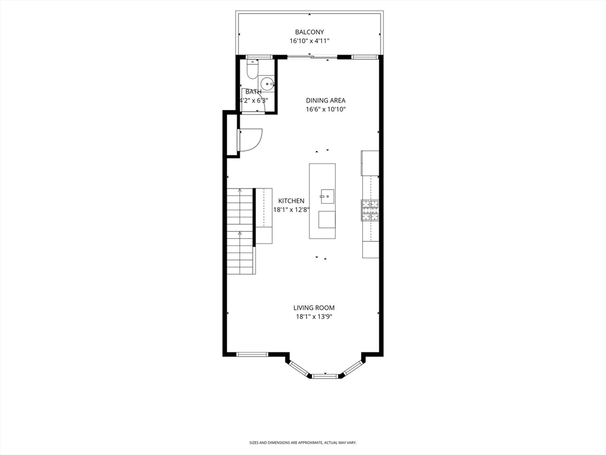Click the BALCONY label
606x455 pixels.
tap(310, 32)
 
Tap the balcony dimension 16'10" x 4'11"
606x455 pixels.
tap(310, 41)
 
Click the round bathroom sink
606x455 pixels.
tap(267, 84)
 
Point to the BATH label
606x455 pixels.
tap(253, 92)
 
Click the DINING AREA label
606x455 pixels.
tap(325, 101)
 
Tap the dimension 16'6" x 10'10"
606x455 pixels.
tap(325, 110)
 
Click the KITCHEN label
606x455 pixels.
tap(292, 201)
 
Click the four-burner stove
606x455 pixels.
tap(370, 210)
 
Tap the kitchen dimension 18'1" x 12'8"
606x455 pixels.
tap(292, 210)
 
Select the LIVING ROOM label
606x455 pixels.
tap(314, 307)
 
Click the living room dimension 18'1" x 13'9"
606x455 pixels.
tap(314, 317)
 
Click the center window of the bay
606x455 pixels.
tap(325, 376)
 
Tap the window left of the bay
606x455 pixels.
tap(253, 354)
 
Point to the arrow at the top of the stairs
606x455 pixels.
tap(239, 191)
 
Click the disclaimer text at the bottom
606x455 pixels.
tap(303, 443)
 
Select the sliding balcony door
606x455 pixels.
tap(312, 57)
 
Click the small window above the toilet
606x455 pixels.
tap(256, 57)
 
